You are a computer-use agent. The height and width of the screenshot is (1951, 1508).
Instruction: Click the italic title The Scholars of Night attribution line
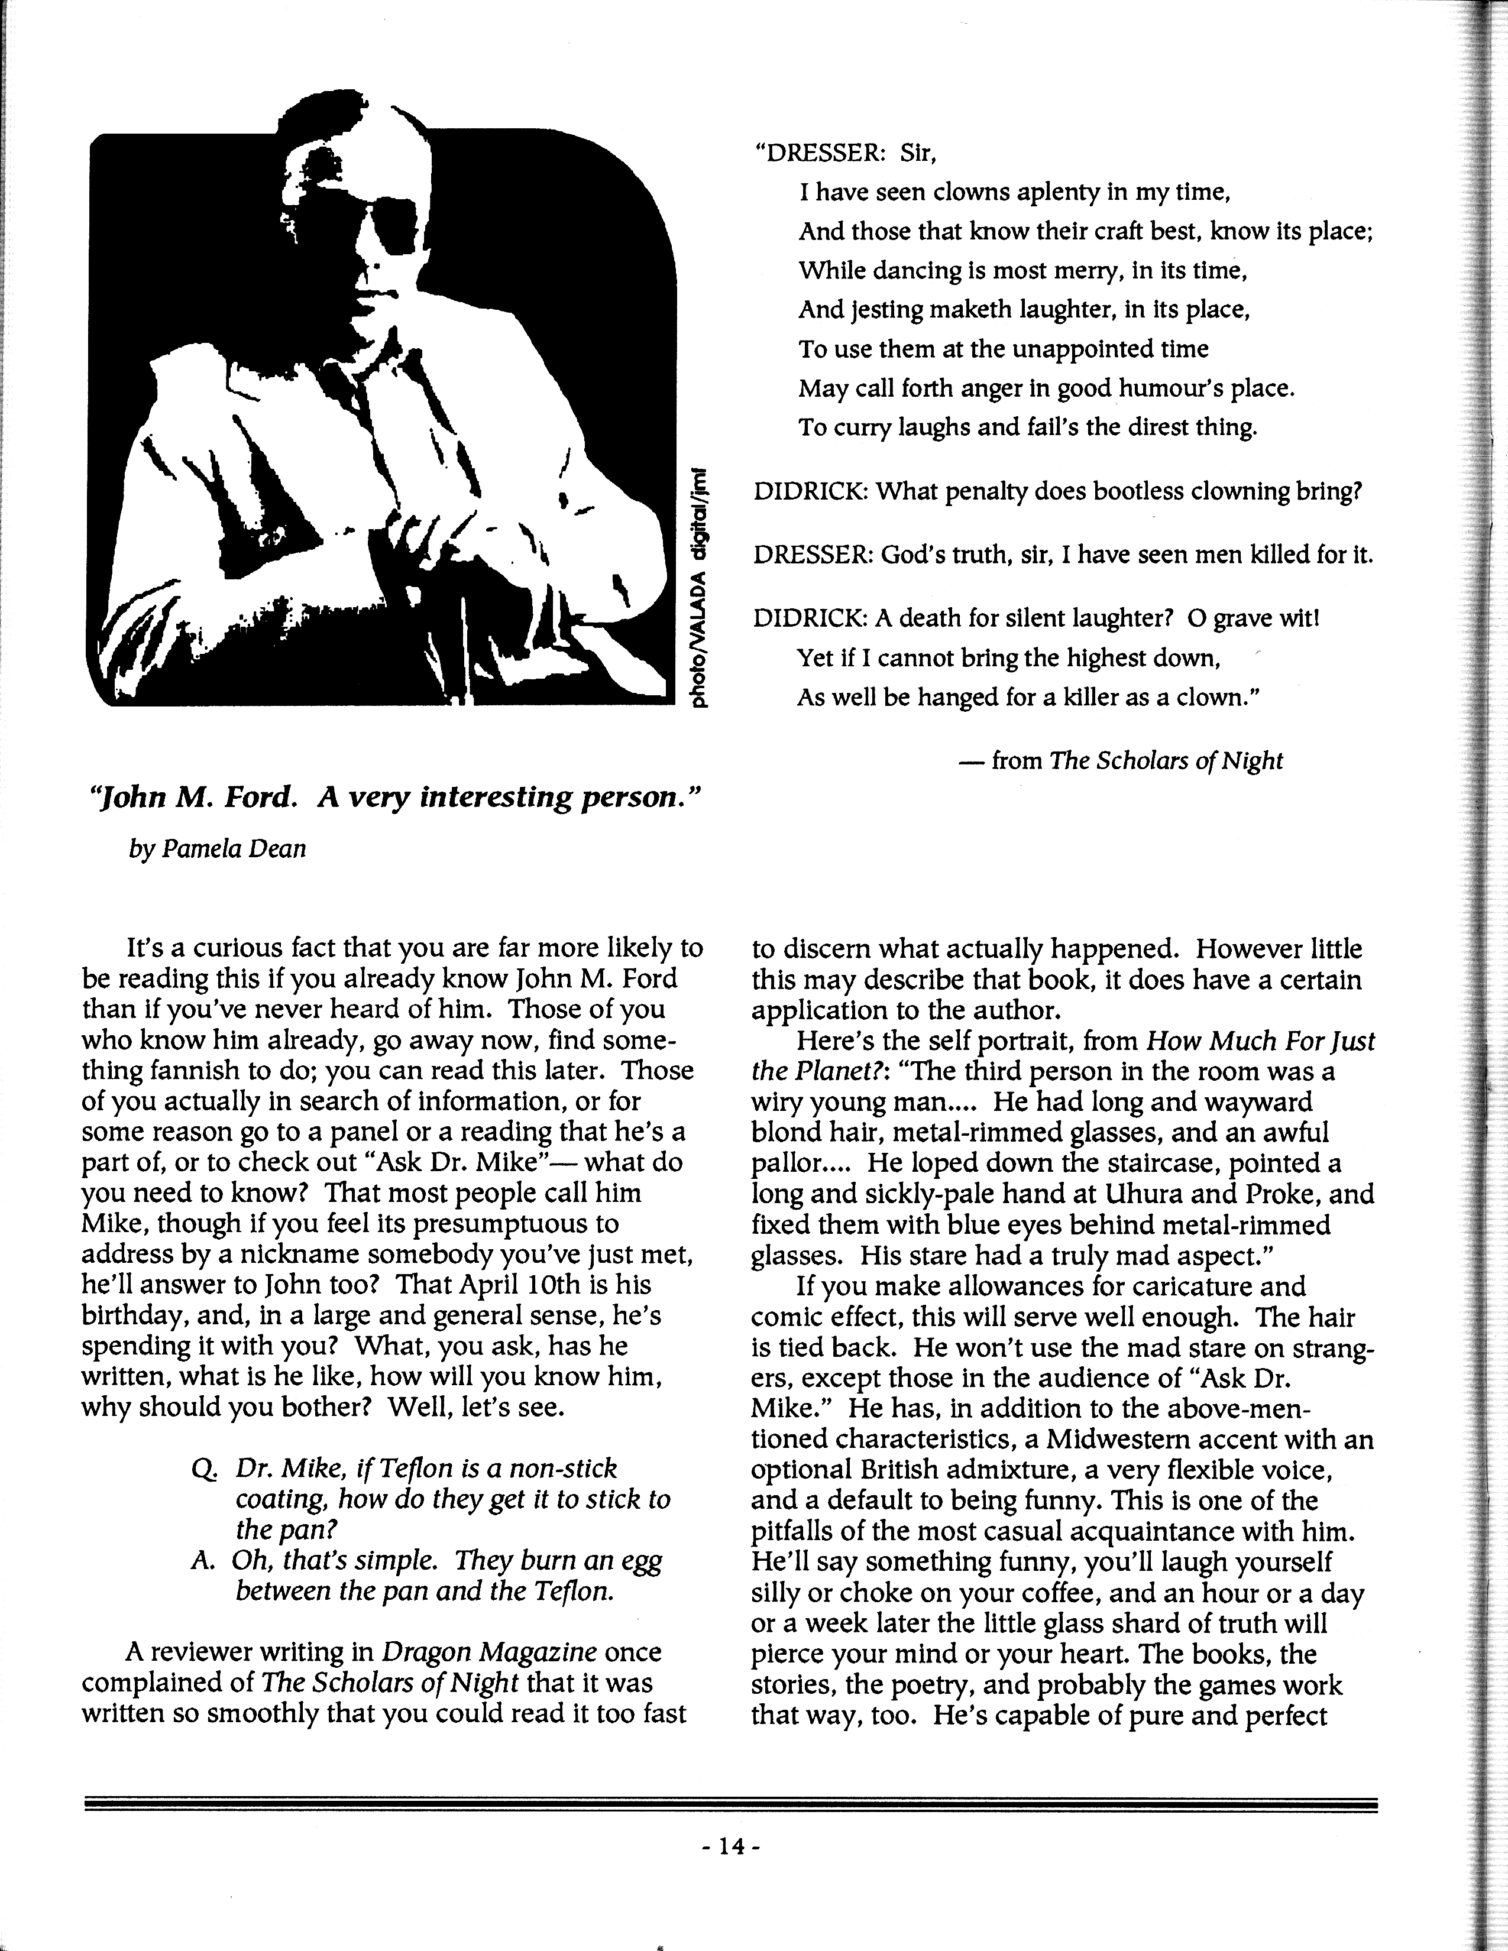tap(1166, 760)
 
